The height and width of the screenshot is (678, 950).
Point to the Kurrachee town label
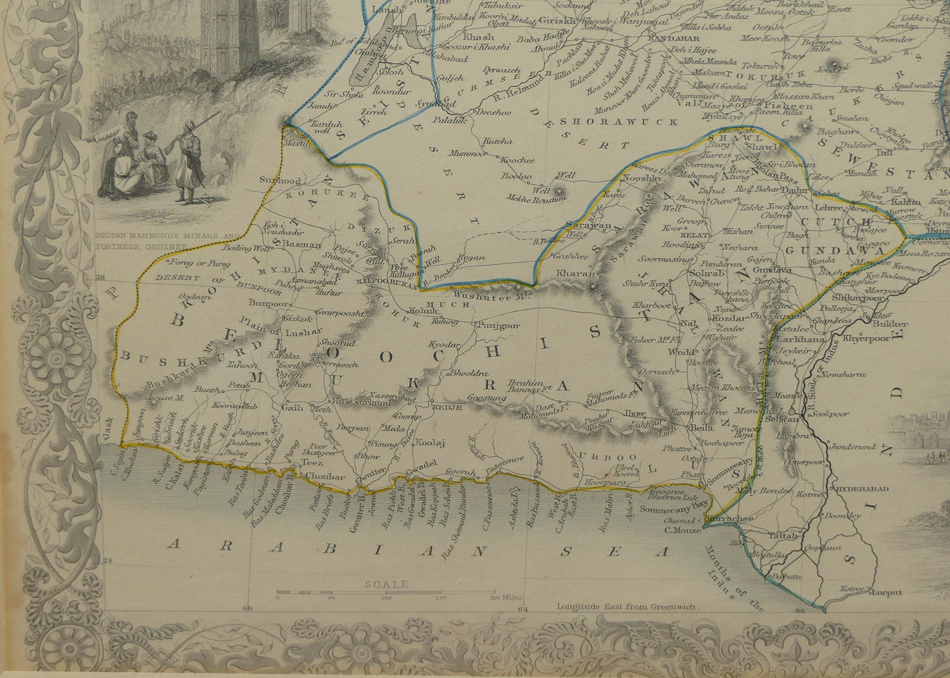click(735, 518)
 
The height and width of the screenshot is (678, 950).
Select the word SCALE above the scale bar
click(386, 584)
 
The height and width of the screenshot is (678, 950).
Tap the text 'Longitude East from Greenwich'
click(626, 606)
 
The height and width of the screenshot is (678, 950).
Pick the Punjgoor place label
click(498, 325)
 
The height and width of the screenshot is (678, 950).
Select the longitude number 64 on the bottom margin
click(522, 609)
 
